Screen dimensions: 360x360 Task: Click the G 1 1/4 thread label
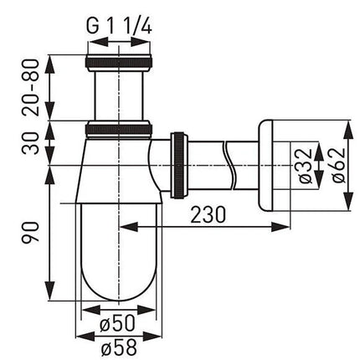pos(119,26)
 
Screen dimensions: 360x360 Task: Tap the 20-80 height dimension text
pos(30,87)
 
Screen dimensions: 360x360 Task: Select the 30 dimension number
pos(31,143)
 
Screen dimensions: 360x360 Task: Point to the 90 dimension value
pos(30,233)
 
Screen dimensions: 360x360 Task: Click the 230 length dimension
pos(208,214)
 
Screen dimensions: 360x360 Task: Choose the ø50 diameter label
pos(117,323)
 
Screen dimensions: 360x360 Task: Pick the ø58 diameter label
pos(119,347)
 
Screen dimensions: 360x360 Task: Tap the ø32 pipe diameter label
pos(303,166)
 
